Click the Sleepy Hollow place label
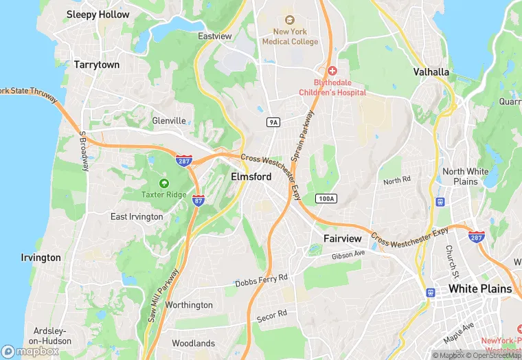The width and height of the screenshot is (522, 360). [98, 14]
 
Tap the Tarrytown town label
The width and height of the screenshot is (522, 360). [97, 65]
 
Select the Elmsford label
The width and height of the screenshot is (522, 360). [251, 177]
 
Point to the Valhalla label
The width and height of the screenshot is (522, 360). [431, 71]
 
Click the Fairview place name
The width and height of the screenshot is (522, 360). [342, 238]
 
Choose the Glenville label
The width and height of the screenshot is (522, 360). [169, 121]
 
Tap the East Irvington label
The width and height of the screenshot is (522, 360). [137, 216]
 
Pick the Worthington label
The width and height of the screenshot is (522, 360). [189, 305]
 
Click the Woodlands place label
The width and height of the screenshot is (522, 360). [193, 344]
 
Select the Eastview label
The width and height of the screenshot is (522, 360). [216, 36]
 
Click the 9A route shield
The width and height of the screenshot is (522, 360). [273, 122]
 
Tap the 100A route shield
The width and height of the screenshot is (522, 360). [326, 199]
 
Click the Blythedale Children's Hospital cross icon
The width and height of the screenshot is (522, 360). [332, 71]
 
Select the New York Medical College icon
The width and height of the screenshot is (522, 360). [289, 20]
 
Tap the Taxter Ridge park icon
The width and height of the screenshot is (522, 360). [163, 183]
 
